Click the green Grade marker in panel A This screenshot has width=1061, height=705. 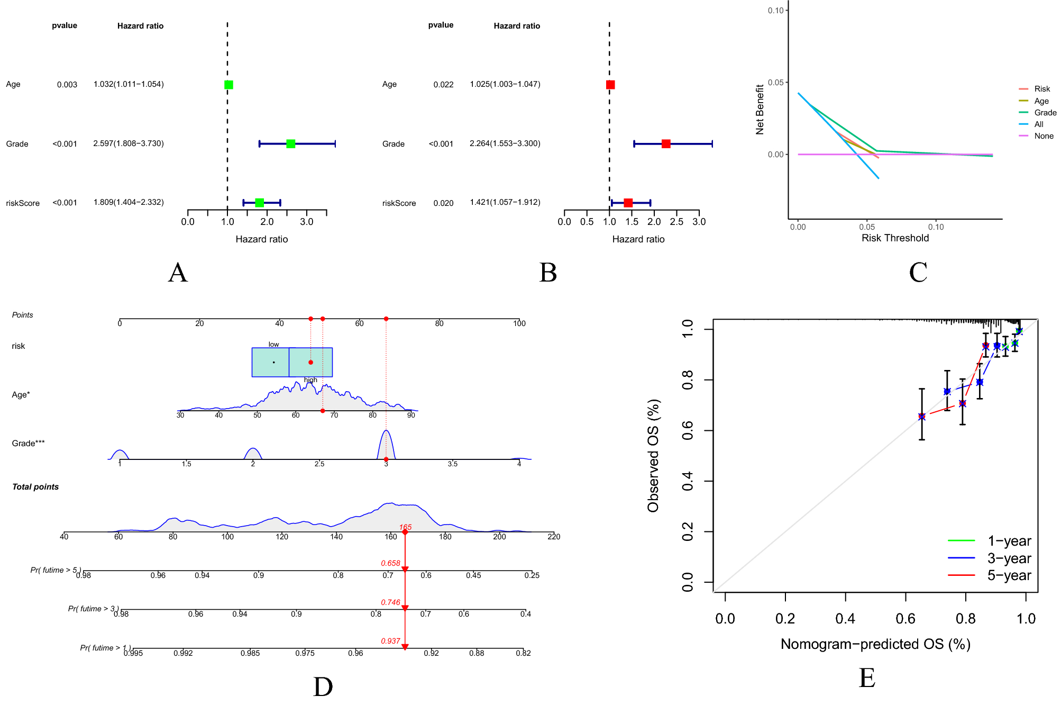[290, 143]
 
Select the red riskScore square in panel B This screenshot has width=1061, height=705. [628, 203]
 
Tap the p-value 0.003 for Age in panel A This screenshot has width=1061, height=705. [67, 85]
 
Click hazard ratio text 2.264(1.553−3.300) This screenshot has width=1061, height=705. [505, 143]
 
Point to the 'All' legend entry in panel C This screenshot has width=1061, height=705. [1038, 124]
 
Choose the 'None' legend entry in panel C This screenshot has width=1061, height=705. [1044, 136]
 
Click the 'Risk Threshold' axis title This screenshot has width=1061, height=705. [895, 238]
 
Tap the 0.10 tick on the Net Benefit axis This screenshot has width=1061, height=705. [775, 11]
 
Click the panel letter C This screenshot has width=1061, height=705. [918, 273]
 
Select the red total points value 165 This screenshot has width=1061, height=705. [405, 527]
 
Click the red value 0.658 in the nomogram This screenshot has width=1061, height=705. [390, 563]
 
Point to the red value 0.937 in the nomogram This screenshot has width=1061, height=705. [390, 641]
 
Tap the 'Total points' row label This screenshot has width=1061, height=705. [35, 487]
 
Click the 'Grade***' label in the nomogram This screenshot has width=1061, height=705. [28, 444]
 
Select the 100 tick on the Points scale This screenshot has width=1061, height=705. [519, 324]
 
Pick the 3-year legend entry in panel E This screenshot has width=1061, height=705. [1009, 558]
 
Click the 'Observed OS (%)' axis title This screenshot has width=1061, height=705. [653, 456]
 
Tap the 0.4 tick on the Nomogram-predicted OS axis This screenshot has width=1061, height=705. [845, 618]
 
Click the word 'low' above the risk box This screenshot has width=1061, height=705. [273, 345]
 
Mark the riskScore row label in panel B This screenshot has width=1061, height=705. [399, 203]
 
